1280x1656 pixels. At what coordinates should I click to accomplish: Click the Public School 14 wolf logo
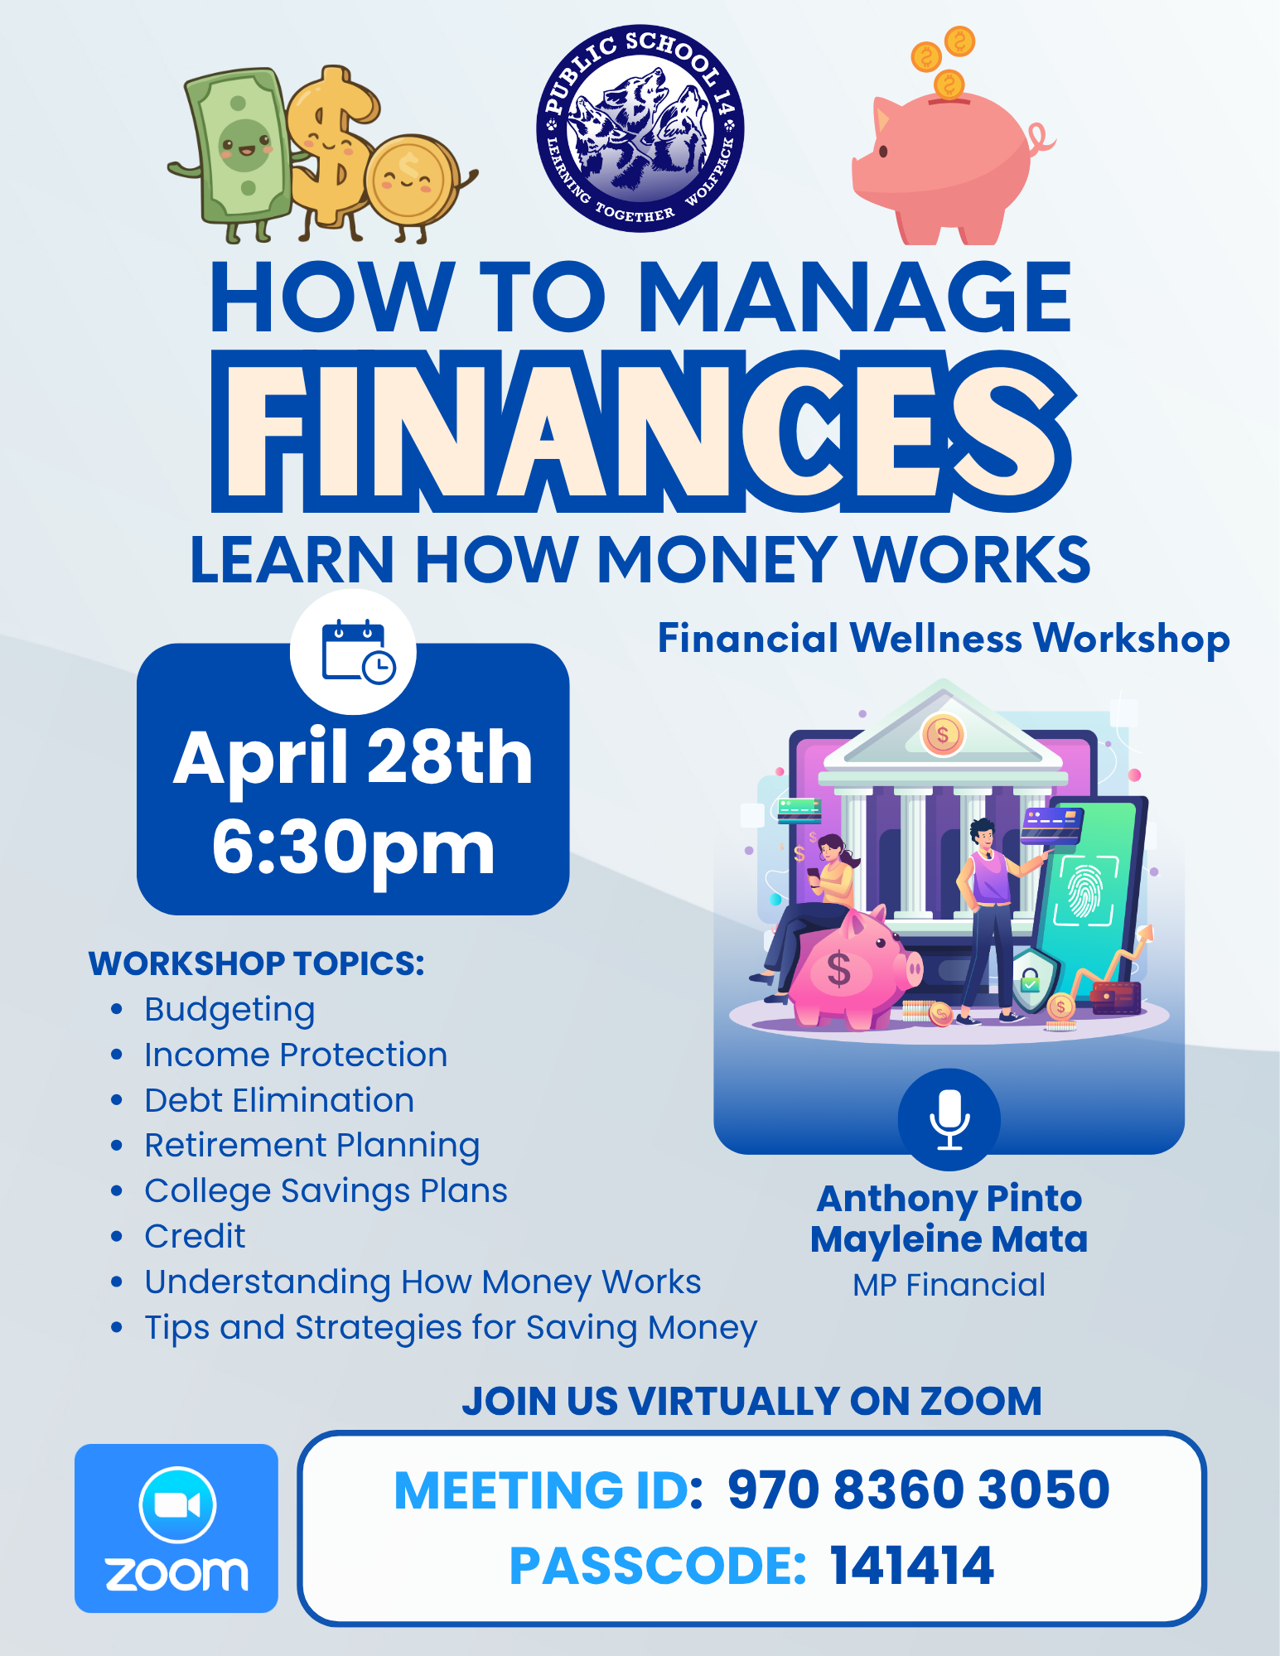tap(640, 128)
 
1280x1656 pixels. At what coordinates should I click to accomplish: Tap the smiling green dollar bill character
tap(236, 153)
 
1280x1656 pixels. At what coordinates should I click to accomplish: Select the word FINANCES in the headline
tap(643, 430)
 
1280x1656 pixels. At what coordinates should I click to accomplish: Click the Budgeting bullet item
tap(229, 1010)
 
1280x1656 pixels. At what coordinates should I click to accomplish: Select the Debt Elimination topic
tap(279, 1100)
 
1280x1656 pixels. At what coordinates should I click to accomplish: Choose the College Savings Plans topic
tap(326, 1191)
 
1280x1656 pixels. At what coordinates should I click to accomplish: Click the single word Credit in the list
tap(195, 1236)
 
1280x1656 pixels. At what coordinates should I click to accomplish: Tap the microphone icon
tap(949, 1119)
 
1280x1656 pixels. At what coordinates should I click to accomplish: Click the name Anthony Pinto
tap(949, 1200)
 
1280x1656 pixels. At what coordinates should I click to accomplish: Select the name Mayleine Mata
tap(949, 1239)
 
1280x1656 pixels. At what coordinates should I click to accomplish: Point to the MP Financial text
tap(949, 1285)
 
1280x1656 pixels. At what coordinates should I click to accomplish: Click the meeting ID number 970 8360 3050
tap(919, 1489)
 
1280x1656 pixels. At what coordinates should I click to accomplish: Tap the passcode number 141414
tap(912, 1566)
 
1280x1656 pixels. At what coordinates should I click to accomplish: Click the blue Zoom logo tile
tap(176, 1528)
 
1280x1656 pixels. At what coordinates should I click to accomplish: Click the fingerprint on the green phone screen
tap(1082, 891)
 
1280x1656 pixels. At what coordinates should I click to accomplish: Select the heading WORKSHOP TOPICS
tap(257, 963)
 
